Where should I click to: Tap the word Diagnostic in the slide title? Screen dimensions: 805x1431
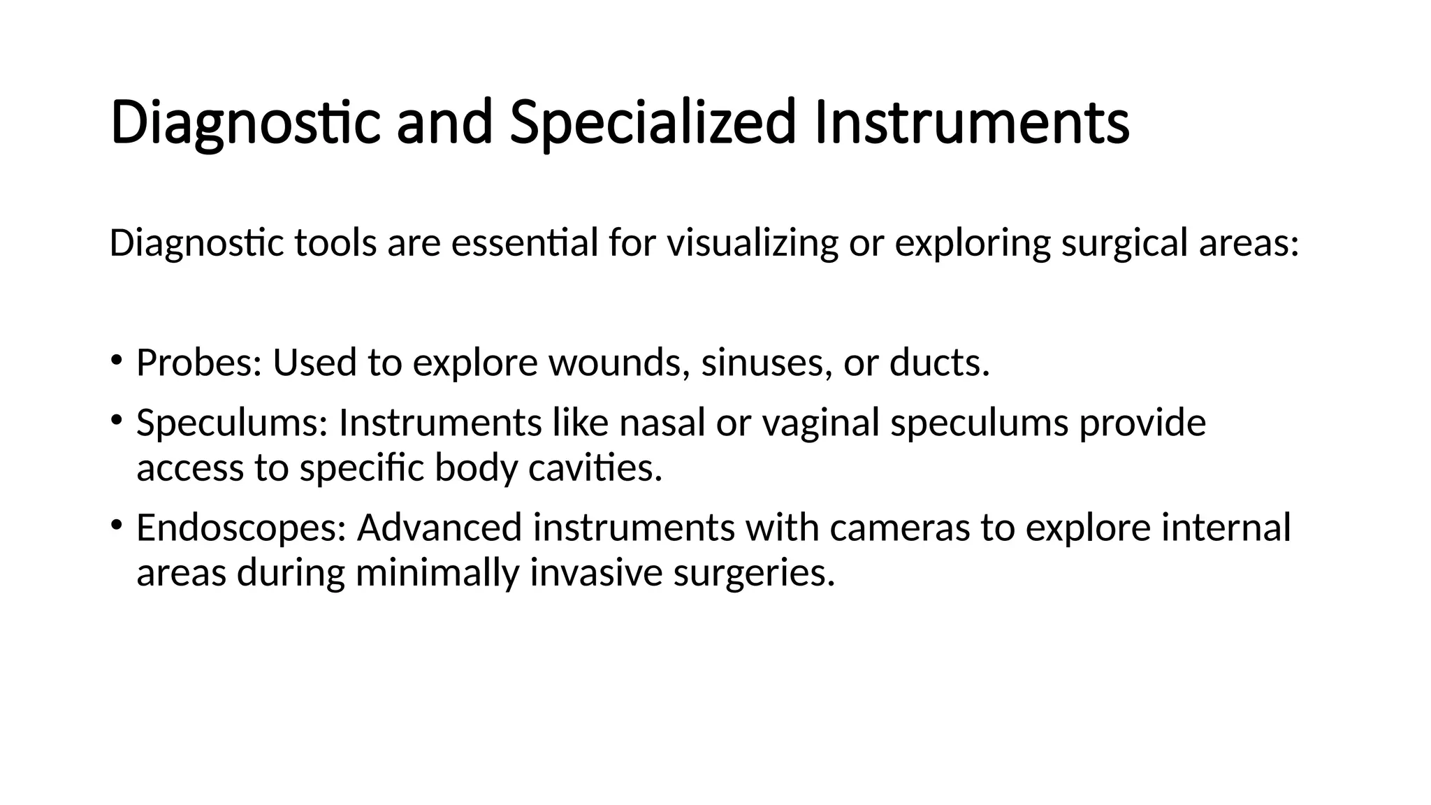click(245, 123)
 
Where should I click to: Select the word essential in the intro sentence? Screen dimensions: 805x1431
click(525, 243)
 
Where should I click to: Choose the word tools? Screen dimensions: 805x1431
click(335, 243)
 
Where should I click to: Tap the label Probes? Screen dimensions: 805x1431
click(198, 363)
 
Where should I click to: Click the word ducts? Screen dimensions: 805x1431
click(939, 363)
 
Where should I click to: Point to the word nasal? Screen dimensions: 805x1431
click(662, 423)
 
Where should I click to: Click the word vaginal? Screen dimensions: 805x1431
click(820, 423)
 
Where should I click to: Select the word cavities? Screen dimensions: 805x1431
click(595, 467)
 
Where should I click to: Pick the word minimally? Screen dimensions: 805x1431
click(437, 572)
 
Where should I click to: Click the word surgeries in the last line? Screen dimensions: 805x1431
click(754, 572)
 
